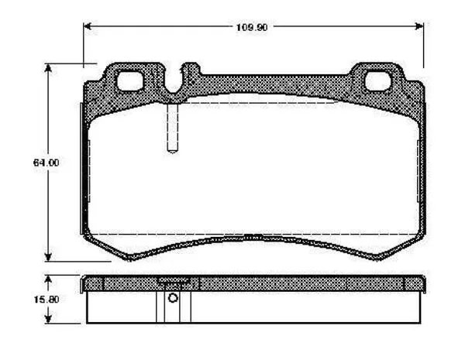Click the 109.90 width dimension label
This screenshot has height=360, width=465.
(252, 28)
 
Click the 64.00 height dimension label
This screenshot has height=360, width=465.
(46, 163)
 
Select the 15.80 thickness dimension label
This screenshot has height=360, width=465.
(46, 300)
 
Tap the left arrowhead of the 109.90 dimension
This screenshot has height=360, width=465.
(87, 26)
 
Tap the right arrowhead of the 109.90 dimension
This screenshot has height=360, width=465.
(419, 26)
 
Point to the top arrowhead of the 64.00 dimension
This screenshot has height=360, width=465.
(48, 68)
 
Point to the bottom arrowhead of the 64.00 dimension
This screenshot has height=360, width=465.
(48, 257)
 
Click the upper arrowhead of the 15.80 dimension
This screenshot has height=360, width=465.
(48, 279)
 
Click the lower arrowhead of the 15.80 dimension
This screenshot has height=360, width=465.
(48, 319)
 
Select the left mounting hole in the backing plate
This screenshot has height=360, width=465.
(129, 81)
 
